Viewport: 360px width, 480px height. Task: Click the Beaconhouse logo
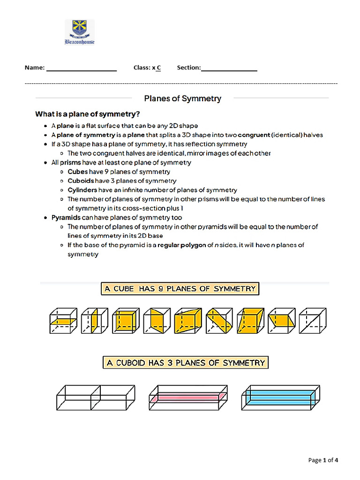click(79, 32)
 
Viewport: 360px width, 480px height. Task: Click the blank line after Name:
click(81, 68)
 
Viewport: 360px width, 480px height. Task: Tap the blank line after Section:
click(229, 68)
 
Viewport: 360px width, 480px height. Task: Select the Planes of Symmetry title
click(182, 98)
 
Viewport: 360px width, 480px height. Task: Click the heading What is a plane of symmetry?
click(88, 114)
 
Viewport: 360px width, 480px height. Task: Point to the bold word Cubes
click(77, 172)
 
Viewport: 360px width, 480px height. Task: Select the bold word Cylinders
click(82, 190)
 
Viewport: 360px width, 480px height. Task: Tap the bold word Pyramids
click(66, 217)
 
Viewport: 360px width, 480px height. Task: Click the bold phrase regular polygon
click(182, 245)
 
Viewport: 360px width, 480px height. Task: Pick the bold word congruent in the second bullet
click(254, 135)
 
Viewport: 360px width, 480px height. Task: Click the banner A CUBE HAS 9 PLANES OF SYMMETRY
click(180, 288)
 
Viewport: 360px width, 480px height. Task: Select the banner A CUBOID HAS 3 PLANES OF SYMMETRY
click(185, 362)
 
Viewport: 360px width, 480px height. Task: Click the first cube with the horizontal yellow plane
click(63, 321)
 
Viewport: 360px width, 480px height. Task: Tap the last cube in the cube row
click(313, 321)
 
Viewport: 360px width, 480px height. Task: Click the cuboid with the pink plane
click(188, 398)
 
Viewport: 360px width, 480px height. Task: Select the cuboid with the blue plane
click(280, 398)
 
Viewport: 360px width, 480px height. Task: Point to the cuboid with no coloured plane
click(96, 398)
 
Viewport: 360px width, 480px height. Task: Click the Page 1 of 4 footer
click(323, 460)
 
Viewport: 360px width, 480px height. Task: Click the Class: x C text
click(147, 67)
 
